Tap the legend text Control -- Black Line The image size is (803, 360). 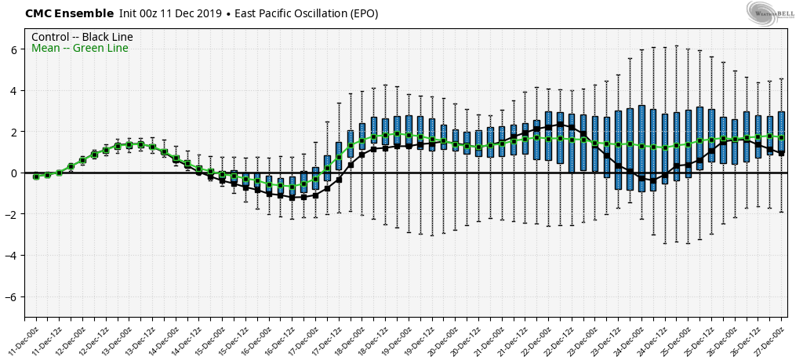coord(82,37)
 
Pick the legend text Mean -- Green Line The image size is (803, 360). coord(79,49)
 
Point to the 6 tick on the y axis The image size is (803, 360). coord(14,49)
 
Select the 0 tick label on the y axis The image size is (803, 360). coord(14,173)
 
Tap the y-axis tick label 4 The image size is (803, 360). coord(14,91)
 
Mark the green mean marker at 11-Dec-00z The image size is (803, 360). coord(36,176)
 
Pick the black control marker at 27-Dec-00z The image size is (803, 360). coord(781,153)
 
